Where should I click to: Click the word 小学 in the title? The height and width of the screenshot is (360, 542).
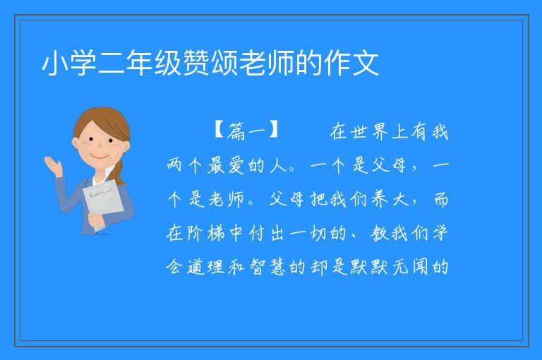[68, 64]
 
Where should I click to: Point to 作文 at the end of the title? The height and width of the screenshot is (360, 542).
[351, 64]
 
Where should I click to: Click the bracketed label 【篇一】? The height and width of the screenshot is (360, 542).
[246, 131]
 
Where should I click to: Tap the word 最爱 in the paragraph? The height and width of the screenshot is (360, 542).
[227, 165]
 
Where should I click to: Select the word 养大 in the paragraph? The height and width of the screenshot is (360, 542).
[390, 199]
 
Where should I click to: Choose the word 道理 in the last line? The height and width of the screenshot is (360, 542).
[206, 267]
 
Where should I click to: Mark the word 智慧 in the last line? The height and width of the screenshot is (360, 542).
[267, 267]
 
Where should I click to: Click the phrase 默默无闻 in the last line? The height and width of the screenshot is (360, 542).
[389, 267]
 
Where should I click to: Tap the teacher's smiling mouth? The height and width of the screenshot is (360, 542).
[100, 157]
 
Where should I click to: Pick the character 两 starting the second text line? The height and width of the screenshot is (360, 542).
[174, 165]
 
